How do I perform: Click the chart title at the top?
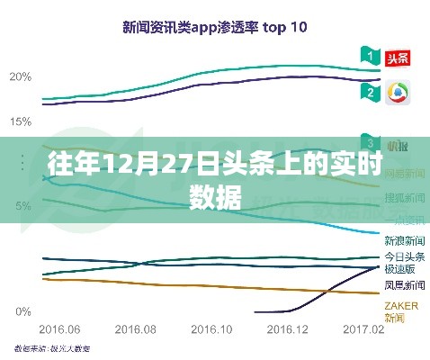tap(215, 27)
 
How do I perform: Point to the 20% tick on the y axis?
tap(21, 76)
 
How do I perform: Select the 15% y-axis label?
tap(21, 120)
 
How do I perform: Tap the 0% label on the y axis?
tap(24, 311)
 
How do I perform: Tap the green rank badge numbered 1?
tap(367, 57)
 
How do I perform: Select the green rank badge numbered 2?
tap(367, 92)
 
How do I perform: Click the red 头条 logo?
tap(395, 58)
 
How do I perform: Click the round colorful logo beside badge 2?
tap(395, 93)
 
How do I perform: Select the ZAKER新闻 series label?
tap(401, 310)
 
